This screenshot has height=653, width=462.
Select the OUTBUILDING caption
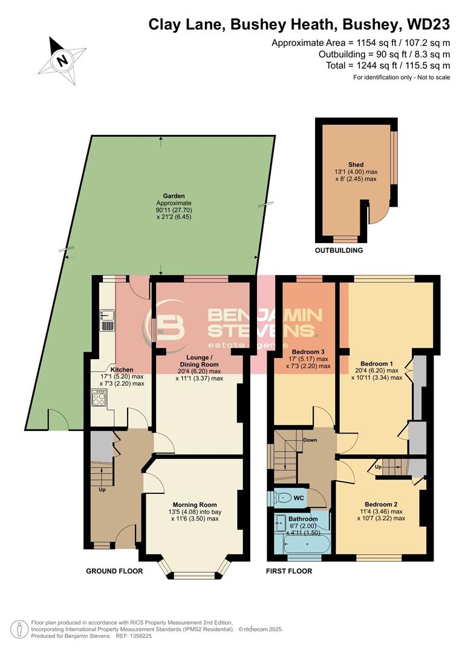click(339, 250)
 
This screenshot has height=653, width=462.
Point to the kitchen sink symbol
click(107, 320)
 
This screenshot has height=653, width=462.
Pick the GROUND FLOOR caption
click(114, 571)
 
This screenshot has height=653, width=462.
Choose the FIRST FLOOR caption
click(290, 571)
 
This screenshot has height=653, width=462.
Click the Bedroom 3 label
click(308, 351)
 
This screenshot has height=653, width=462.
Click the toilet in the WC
click(281, 498)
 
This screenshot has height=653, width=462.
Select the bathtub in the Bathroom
click(307, 545)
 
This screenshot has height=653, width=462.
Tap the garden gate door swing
click(59, 419)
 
